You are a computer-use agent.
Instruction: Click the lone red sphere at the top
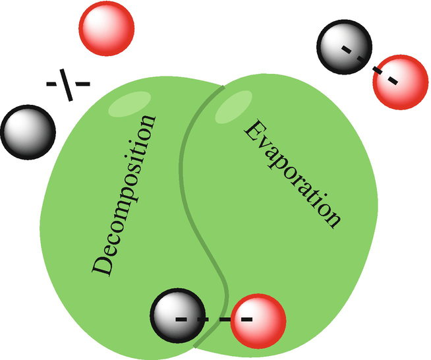click(x=106, y=28)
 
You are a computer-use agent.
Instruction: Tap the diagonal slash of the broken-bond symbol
click(x=69, y=83)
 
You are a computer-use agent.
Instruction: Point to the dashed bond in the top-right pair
click(x=370, y=65)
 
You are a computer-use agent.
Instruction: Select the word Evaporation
click(x=294, y=173)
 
